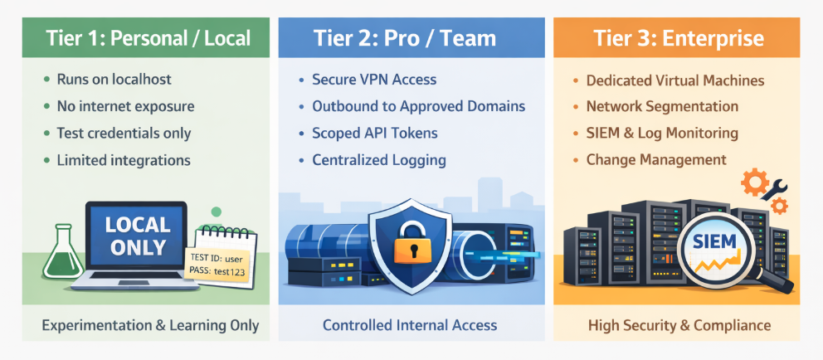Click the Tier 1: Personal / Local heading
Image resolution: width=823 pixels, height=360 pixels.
pyautogui.click(x=148, y=38)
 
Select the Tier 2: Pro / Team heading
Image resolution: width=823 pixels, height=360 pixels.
pyautogui.click(x=405, y=38)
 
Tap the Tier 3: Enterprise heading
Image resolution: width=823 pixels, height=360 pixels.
pyautogui.click(x=678, y=38)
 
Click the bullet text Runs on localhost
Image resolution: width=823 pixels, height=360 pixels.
pyautogui.click(x=114, y=80)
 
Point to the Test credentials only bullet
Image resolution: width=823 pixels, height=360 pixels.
pyautogui.click(x=124, y=134)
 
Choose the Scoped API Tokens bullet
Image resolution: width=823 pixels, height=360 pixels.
pyautogui.click(x=375, y=134)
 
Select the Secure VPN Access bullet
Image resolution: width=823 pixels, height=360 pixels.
pyautogui.click(x=374, y=80)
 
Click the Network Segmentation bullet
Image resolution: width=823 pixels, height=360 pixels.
pyautogui.click(x=662, y=106)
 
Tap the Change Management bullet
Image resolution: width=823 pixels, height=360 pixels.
pyautogui.click(x=656, y=159)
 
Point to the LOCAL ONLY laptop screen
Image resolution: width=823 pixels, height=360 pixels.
pyautogui.click(x=138, y=236)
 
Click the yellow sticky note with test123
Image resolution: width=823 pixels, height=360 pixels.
pyautogui.click(x=217, y=265)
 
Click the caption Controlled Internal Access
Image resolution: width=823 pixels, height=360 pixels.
pyautogui.click(x=409, y=325)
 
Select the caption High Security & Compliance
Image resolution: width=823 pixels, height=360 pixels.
pyautogui.click(x=679, y=325)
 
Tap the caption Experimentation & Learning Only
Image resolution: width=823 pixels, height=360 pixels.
pyautogui.click(x=151, y=325)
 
